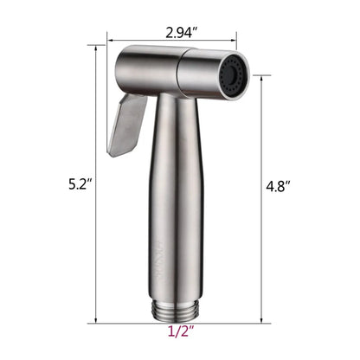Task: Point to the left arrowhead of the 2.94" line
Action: (x=111, y=37)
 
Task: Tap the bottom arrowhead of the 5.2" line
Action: (x=93, y=320)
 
